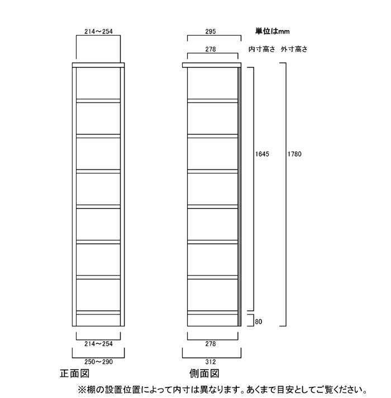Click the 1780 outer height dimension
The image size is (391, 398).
coord(294,154)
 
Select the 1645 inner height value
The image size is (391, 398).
coord(262,154)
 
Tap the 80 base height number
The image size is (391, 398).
coord(259,322)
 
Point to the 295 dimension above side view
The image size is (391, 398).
coord(211,31)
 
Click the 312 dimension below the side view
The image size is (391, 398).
coord(211,361)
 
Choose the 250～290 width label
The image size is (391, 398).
coord(98,361)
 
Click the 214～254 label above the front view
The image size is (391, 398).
coord(98,31)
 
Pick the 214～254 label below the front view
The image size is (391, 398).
coord(98,344)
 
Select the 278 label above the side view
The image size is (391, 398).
coord(211,49)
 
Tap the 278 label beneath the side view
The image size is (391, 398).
coord(211,344)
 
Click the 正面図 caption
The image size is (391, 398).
coord(74,373)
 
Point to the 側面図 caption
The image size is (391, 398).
coord(204,373)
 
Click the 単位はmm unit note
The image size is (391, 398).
coord(273,31)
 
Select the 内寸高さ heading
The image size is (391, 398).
coord(262,49)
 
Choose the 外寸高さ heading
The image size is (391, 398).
coord(294,49)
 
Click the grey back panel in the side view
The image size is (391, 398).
coord(240,197)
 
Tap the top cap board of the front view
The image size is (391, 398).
coord(98,65)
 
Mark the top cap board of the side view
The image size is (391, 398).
coord(212,65)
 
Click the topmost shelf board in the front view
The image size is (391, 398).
coord(98,101)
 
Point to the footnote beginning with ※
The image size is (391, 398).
coord(223,390)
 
